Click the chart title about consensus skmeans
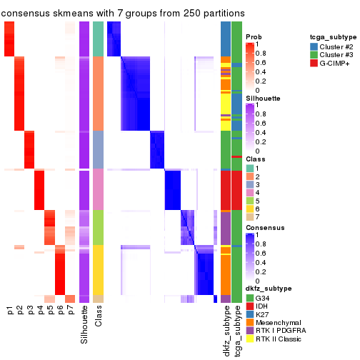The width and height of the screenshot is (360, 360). tap(123, 14)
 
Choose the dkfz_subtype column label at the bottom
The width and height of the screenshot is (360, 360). tap(226, 329)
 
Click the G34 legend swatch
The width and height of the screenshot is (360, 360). tap(249, 297)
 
